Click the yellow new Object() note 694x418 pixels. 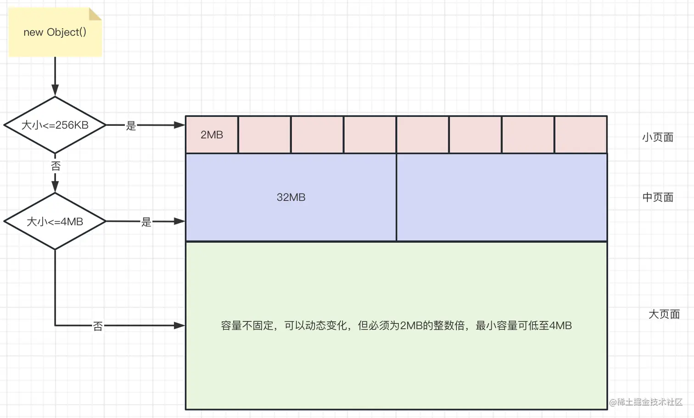tap(55, 32)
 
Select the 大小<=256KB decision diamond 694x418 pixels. tap(55, 125)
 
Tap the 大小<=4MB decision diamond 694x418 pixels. tap(55, 221)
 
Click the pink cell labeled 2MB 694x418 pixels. tap(212, 135)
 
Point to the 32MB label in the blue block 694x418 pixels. tap(291, 197)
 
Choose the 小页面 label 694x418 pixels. tap(657, 137)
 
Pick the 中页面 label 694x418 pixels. tap(657, 198)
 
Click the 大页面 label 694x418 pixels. tap(664, 314)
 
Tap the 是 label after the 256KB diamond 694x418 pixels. tap(131, 125)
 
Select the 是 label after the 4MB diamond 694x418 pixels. tap(146, 222)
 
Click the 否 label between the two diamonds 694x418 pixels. tap(56, 166)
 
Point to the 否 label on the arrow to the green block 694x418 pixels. tap(98, 326)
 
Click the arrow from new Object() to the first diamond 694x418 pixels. tap(55, 76)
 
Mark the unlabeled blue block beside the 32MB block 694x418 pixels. tap(501, 197)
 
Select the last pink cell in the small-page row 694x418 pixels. tap(581, 135)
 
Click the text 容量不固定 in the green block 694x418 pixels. tap(247, 326)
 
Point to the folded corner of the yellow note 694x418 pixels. tap(95, 14)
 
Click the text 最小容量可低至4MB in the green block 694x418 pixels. tap(524, 326)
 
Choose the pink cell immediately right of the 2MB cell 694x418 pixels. tap(264, 135)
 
